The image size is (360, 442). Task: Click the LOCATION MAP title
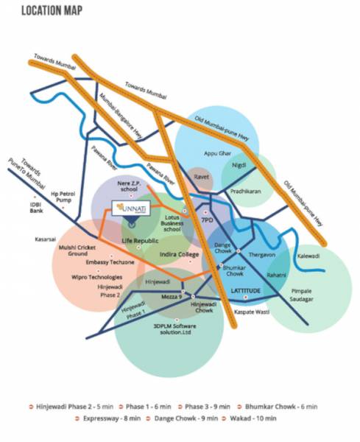click(52, 11)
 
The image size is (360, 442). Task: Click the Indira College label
click(180, 254)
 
